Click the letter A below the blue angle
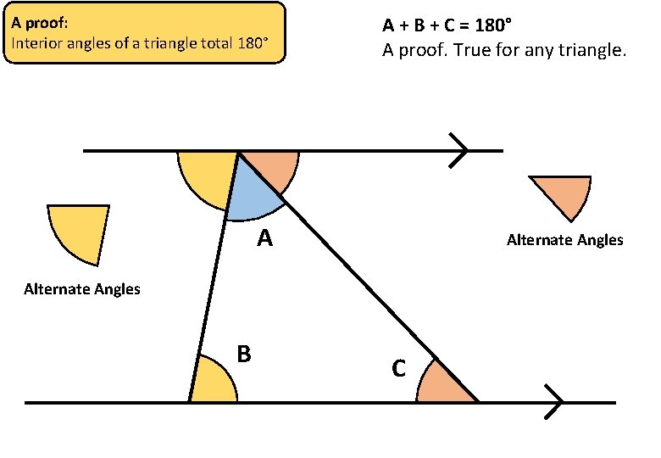coord(265,240)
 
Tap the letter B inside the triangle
coord(244,354)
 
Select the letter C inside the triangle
coord(398,369)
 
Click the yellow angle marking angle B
coord(211,384)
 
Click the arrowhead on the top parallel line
coord(460,151)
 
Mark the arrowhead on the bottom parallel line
coord(554,401)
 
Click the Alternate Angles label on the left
coord(82,289)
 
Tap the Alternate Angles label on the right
coord(564,240)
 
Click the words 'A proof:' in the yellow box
coord(41,23)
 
